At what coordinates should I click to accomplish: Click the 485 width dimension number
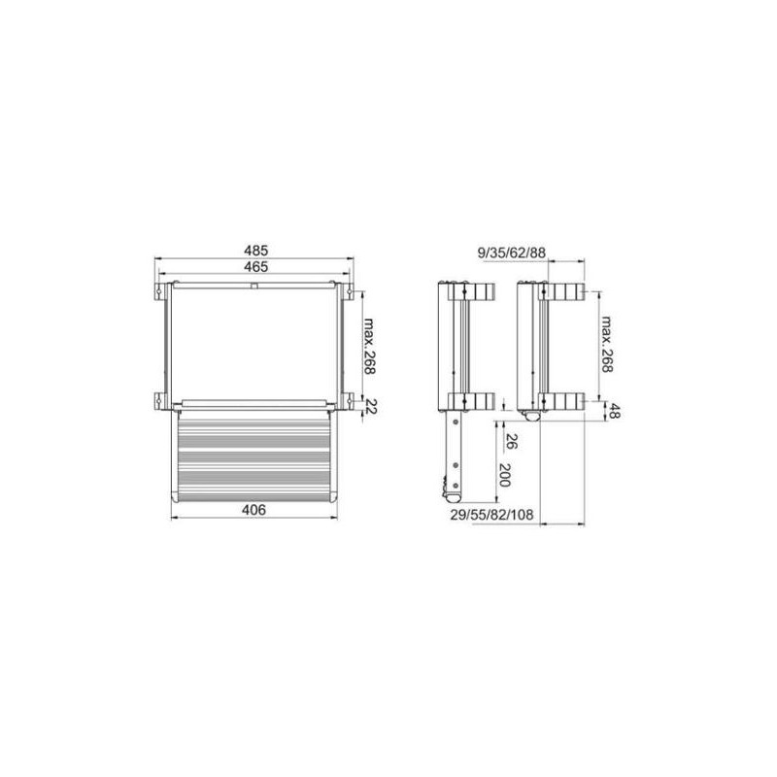(255, 251)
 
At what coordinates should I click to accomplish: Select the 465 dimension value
(255, 267)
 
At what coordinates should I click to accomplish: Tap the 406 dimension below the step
(254, 509)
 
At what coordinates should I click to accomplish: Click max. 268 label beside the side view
(607, 344)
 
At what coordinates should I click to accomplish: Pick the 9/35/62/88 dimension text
(512, 253)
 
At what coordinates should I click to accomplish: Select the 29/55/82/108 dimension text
(492, 515)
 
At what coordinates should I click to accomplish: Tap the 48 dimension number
(615, 411)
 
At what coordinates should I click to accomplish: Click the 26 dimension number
(512, 442)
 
